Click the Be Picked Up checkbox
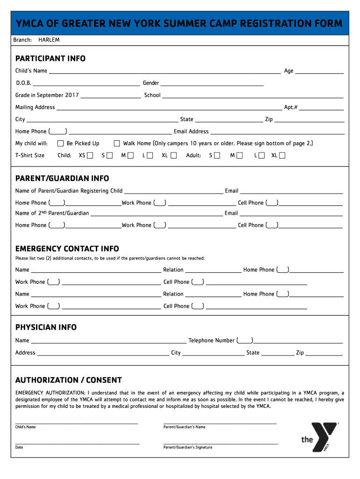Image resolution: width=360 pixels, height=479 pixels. (60, 144)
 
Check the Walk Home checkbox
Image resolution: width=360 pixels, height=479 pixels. (117, 144)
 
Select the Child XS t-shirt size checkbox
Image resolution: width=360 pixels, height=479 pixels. (90, 155)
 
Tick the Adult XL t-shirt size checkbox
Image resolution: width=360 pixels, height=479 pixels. (282, 155)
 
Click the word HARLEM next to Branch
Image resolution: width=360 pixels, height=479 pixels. (49, 40)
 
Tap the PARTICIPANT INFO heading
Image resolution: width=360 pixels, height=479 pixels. (50, 58)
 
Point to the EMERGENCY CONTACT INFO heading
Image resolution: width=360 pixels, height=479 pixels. (67, 248)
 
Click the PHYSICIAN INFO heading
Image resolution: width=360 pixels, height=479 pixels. (46, 327)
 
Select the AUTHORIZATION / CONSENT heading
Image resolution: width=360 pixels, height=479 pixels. (68, 380)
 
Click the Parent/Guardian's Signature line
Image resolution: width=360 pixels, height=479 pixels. (220, 443)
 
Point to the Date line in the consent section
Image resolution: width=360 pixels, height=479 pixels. (77, 443)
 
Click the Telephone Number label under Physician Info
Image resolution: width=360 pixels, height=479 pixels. (211, 341)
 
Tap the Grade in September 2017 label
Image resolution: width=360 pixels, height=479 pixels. (47, 95)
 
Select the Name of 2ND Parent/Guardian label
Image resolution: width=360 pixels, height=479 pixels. (52, 213)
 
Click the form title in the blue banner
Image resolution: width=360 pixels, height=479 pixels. (180, 23)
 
